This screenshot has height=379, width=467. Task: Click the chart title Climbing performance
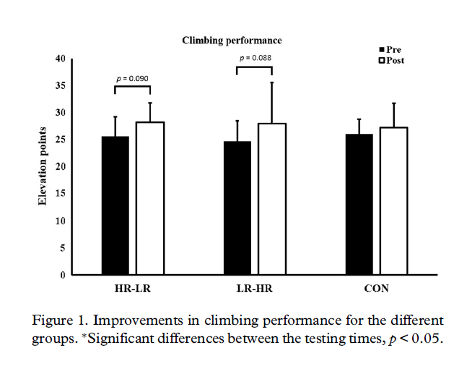click(x=231, y=41)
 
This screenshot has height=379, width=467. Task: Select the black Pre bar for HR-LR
click(x=115, y=205)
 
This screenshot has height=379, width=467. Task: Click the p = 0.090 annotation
click(x=132, y=77)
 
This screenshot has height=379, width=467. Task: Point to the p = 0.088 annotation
click(x=254, y=58)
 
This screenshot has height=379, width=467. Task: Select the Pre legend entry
click(x=390, y=50)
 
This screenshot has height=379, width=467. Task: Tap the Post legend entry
click(x=391, y=60)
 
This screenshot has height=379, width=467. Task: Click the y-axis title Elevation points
click(x=43, y=167)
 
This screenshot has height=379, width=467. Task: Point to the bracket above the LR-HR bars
click(x=254, y=68)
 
